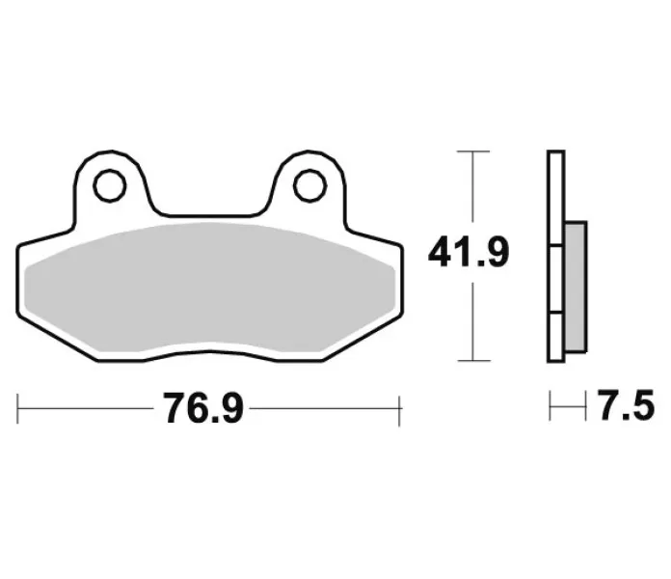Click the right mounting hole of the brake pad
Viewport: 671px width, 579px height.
pyautogui.click(x=309, y=183)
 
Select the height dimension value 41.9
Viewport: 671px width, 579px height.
pyautogui.click(x=469, y=256)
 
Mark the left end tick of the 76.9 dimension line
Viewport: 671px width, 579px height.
pyautogui.click(x=19, y=409)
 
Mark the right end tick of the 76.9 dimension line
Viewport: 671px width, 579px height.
pyautogui.click(x=399, y=409)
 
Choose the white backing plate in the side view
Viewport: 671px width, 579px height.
pyautogui.click(x=554, y=193)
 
